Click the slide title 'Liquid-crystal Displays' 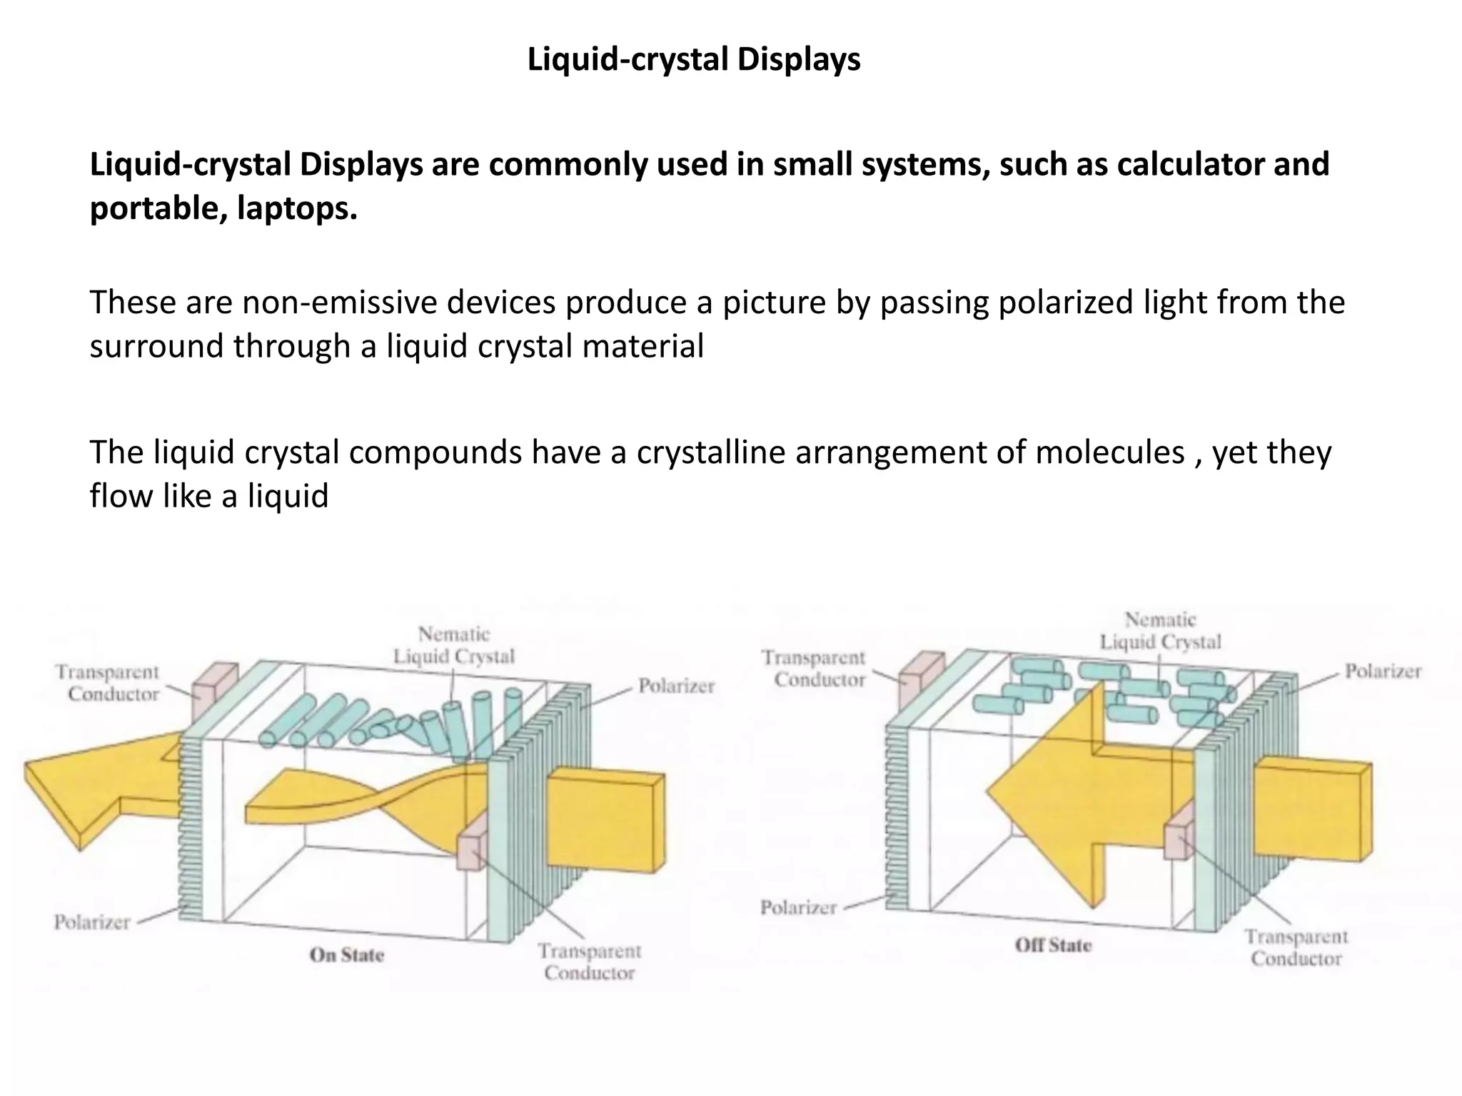pos(694,59)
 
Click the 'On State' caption pos(347,955)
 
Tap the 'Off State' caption pos(1053,945)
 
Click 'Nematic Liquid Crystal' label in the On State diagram pos(454,645)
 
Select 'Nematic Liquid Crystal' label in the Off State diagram pos(1161,631)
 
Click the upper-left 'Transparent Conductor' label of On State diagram pos(108,683)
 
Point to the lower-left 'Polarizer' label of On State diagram pos(92,922)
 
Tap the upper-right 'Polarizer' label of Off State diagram pos(1383,671)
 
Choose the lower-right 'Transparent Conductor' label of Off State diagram pos(1296,947)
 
